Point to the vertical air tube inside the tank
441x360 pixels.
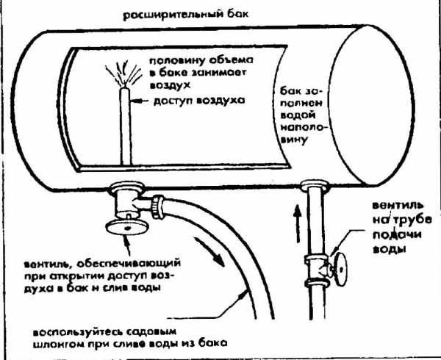click(x=126, y=129)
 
